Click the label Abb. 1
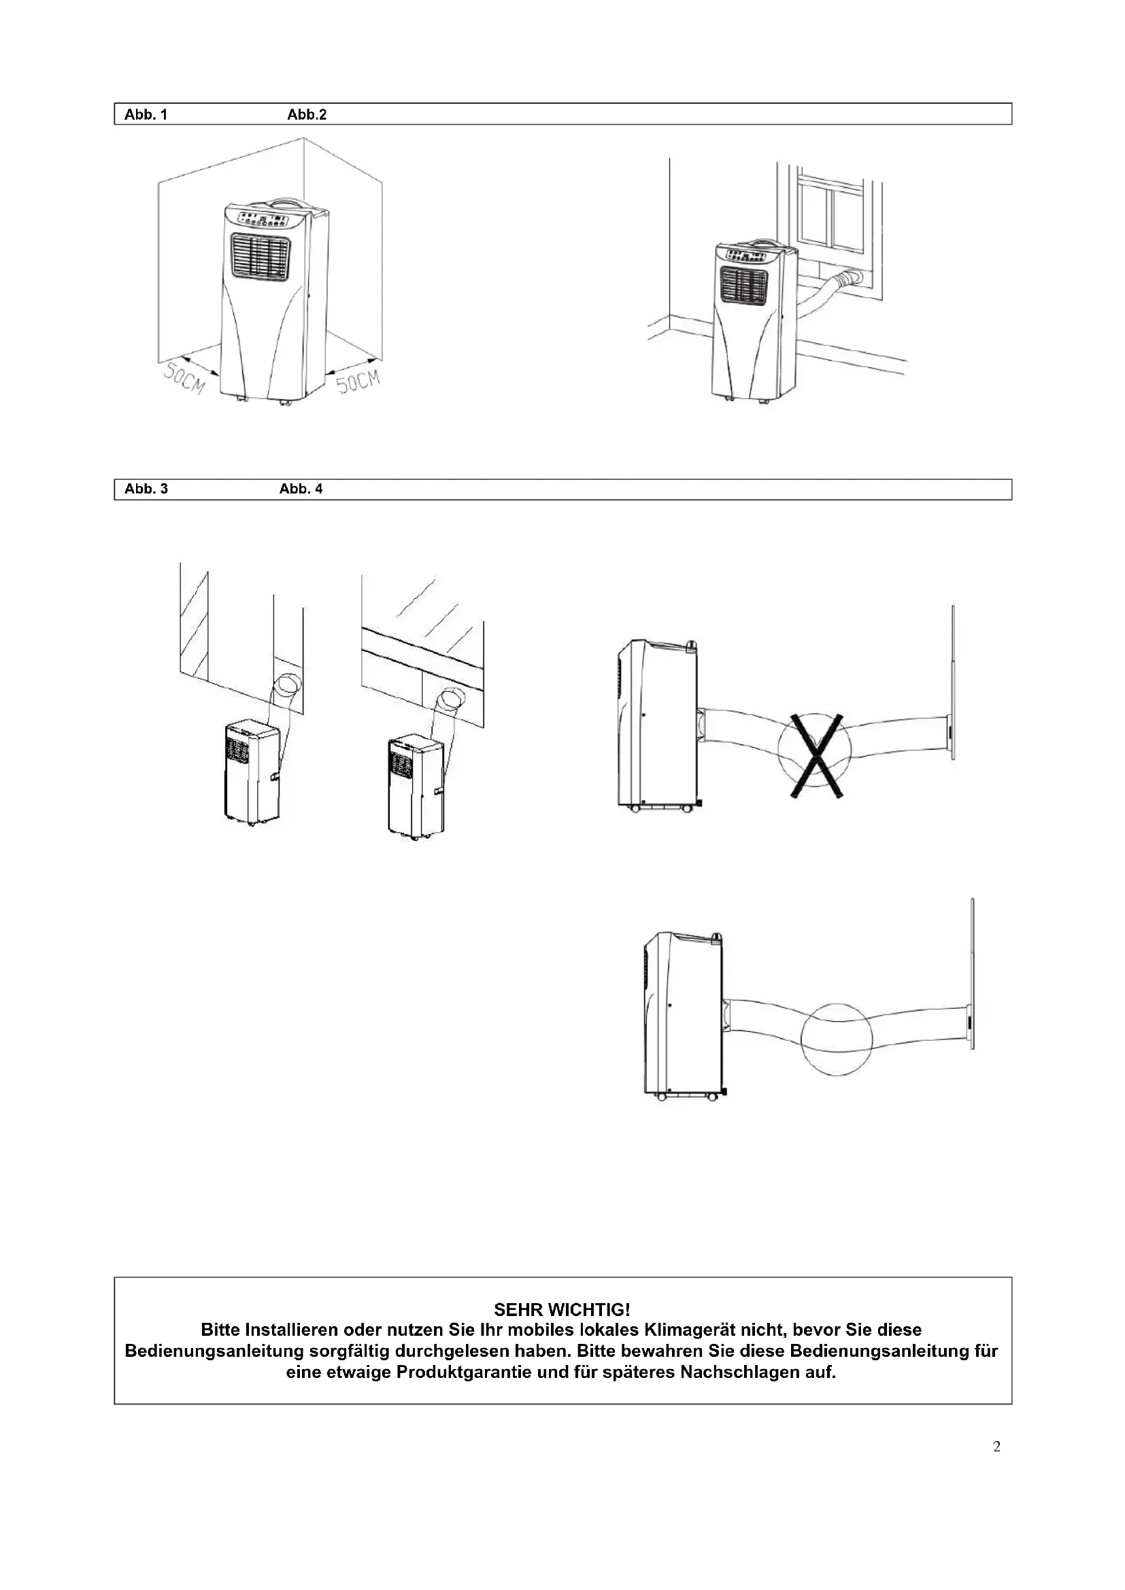pyautogui.click(x=146, y=115)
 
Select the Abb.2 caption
pyautogui.click(x=306, y=115)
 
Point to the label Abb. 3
pyautogui.click(x=146, y=489)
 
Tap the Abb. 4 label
pyautogui.click(x=301, y=489)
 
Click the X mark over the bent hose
pyautogui.click(x=817, y=756)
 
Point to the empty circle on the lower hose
pyautogui.click(x=835, y=1039)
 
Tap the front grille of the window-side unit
pyautogui.click(x=744, y=285)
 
